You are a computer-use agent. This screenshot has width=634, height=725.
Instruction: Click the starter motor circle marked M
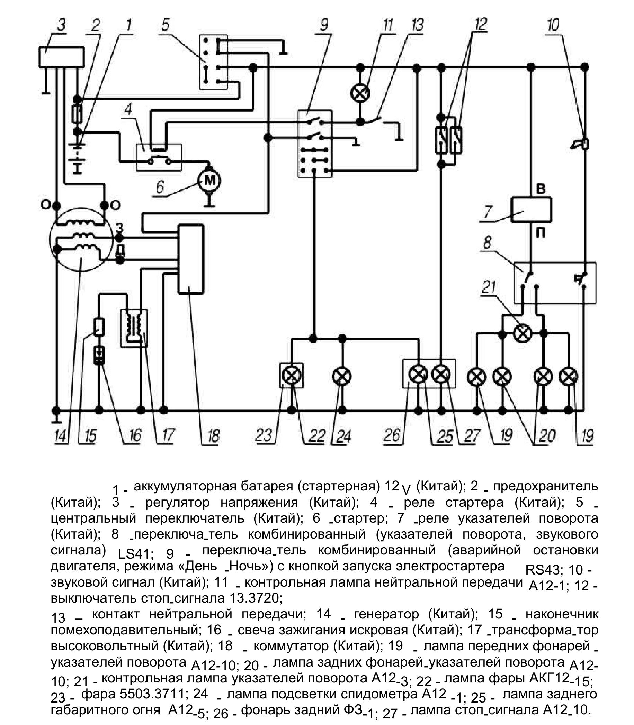click(209, 181)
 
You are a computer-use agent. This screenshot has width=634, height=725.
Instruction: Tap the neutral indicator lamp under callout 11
click(360, 93)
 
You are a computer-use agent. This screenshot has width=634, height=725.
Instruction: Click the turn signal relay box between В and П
click(532, 210)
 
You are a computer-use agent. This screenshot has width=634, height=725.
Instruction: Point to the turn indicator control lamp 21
click(522, 333)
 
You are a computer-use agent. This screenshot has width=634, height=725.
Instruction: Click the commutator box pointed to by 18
click(191, 259)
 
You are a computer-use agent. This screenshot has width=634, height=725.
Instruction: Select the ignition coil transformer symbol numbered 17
click(134, 328)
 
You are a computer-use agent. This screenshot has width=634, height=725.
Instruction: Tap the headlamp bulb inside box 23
click(292, 375)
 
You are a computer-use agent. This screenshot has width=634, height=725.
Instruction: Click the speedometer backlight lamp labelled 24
click(342, 376)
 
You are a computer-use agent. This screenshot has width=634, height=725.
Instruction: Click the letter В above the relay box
click(541, 189)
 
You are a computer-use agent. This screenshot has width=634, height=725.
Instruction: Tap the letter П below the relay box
click(541, 233)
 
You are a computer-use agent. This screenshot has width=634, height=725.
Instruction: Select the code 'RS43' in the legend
click(542, 570)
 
